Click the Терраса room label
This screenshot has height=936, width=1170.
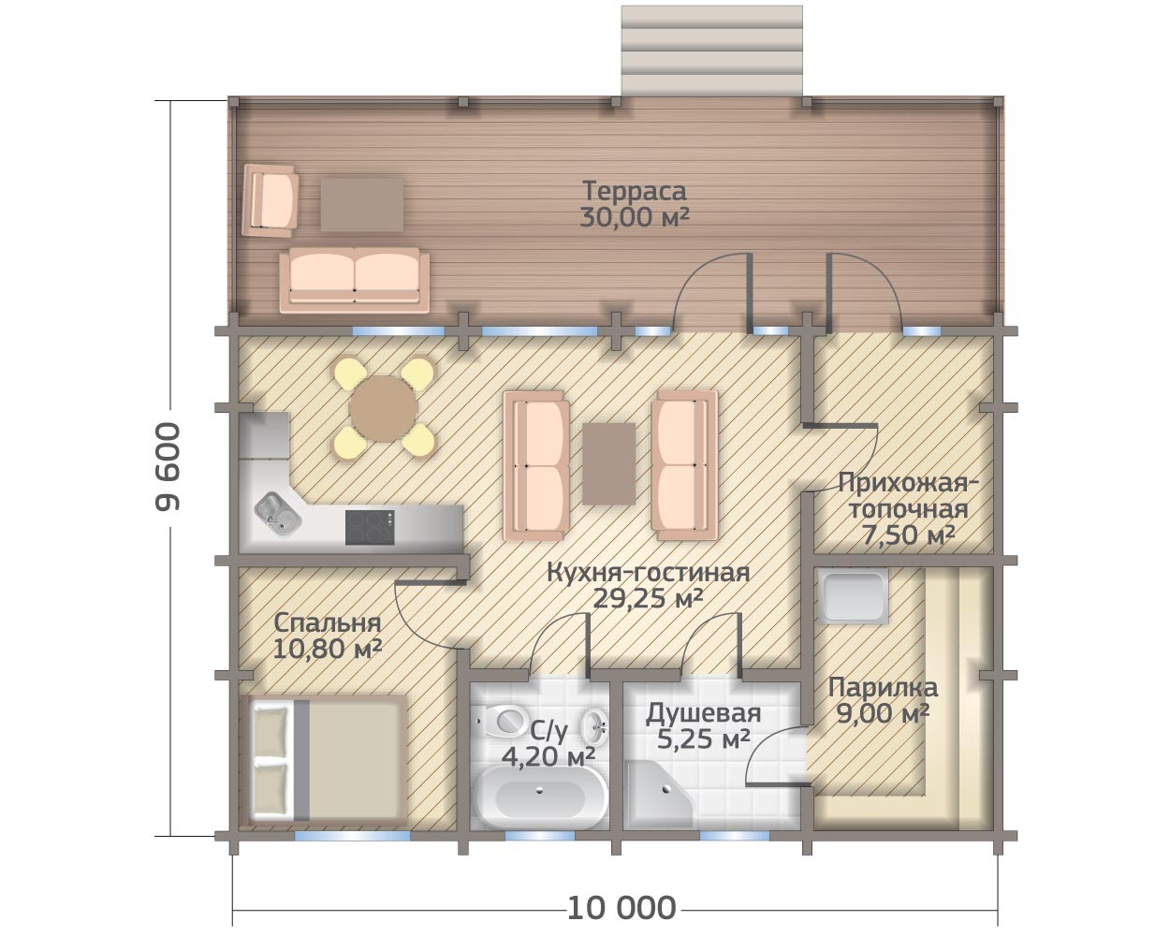point(635,191)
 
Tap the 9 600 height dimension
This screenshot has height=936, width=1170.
point(168,467)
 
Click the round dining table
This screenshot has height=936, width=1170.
point(384,408)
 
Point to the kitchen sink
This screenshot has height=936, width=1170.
point(278,514)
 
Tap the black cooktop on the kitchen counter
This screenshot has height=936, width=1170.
point(370,527)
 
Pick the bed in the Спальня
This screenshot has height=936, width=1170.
point(328,760)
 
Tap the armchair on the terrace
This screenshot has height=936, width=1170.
point(271,200)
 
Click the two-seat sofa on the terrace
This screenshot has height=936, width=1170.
point(355,280)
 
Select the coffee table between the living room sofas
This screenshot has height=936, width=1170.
point(609,464)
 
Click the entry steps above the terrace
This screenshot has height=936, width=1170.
point(711,51)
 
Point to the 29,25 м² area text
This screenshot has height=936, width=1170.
point(648,599)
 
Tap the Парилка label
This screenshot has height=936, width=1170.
point(883,688)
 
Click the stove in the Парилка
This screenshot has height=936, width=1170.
point(853,596)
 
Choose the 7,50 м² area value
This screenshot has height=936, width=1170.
point(909,535)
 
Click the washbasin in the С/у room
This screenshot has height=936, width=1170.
point(595,726)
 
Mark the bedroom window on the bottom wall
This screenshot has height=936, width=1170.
point(352,837)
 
